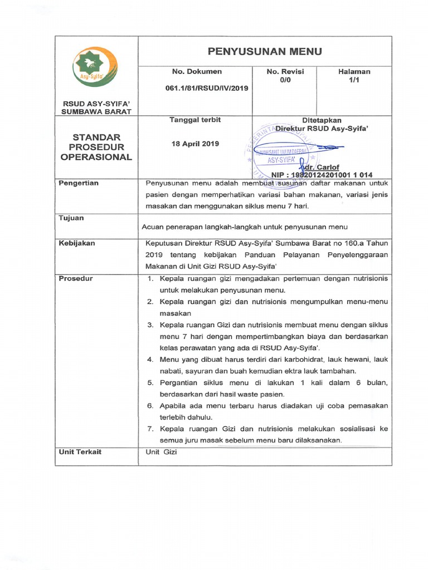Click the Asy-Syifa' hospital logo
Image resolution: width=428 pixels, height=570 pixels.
point(95,67)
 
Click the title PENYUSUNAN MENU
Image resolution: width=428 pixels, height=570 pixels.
point(265,52)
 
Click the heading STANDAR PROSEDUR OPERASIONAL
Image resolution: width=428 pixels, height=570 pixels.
point(97,147)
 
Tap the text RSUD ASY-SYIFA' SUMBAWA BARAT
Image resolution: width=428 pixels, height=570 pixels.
point(97,107)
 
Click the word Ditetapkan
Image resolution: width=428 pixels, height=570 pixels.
point(322,120)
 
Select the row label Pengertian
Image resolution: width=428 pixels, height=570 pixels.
point(79,183)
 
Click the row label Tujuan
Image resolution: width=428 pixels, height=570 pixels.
point(71,218)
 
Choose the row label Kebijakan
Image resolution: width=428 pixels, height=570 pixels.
point(77,243)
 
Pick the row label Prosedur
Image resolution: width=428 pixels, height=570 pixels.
point(76,278)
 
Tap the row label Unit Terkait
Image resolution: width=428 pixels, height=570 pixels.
point(80,452)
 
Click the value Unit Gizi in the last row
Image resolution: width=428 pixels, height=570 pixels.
point(161,453)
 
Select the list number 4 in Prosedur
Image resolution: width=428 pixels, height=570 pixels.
point(150,360)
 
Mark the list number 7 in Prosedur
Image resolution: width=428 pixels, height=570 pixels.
point(150,429)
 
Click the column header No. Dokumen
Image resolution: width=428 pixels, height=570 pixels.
point(197,71)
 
